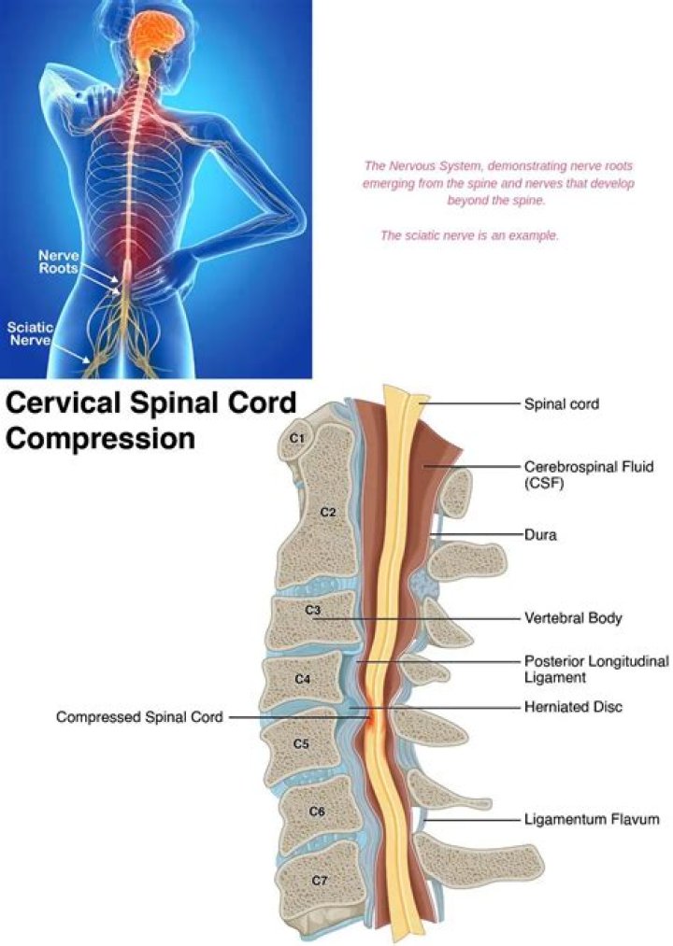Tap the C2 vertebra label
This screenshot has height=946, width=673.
[327, 512]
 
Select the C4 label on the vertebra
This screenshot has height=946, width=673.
[302, 679]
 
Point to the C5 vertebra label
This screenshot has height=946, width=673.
[301, 744]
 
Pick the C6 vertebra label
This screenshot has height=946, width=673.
[316, 812]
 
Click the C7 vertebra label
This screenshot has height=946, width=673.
[319, 879]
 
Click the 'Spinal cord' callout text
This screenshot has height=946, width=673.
[561, 405]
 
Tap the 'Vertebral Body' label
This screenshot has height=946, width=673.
[572, 618]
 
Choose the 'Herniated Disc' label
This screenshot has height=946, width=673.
[573, 708]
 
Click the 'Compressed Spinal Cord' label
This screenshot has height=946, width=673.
[139, 717]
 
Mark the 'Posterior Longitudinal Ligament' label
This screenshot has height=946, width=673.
[596, 669]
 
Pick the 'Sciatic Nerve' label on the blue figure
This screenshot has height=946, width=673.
[31, 334]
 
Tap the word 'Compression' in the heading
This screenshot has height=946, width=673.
[101, 438]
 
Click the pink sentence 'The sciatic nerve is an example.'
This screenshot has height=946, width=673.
[469, 235]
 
